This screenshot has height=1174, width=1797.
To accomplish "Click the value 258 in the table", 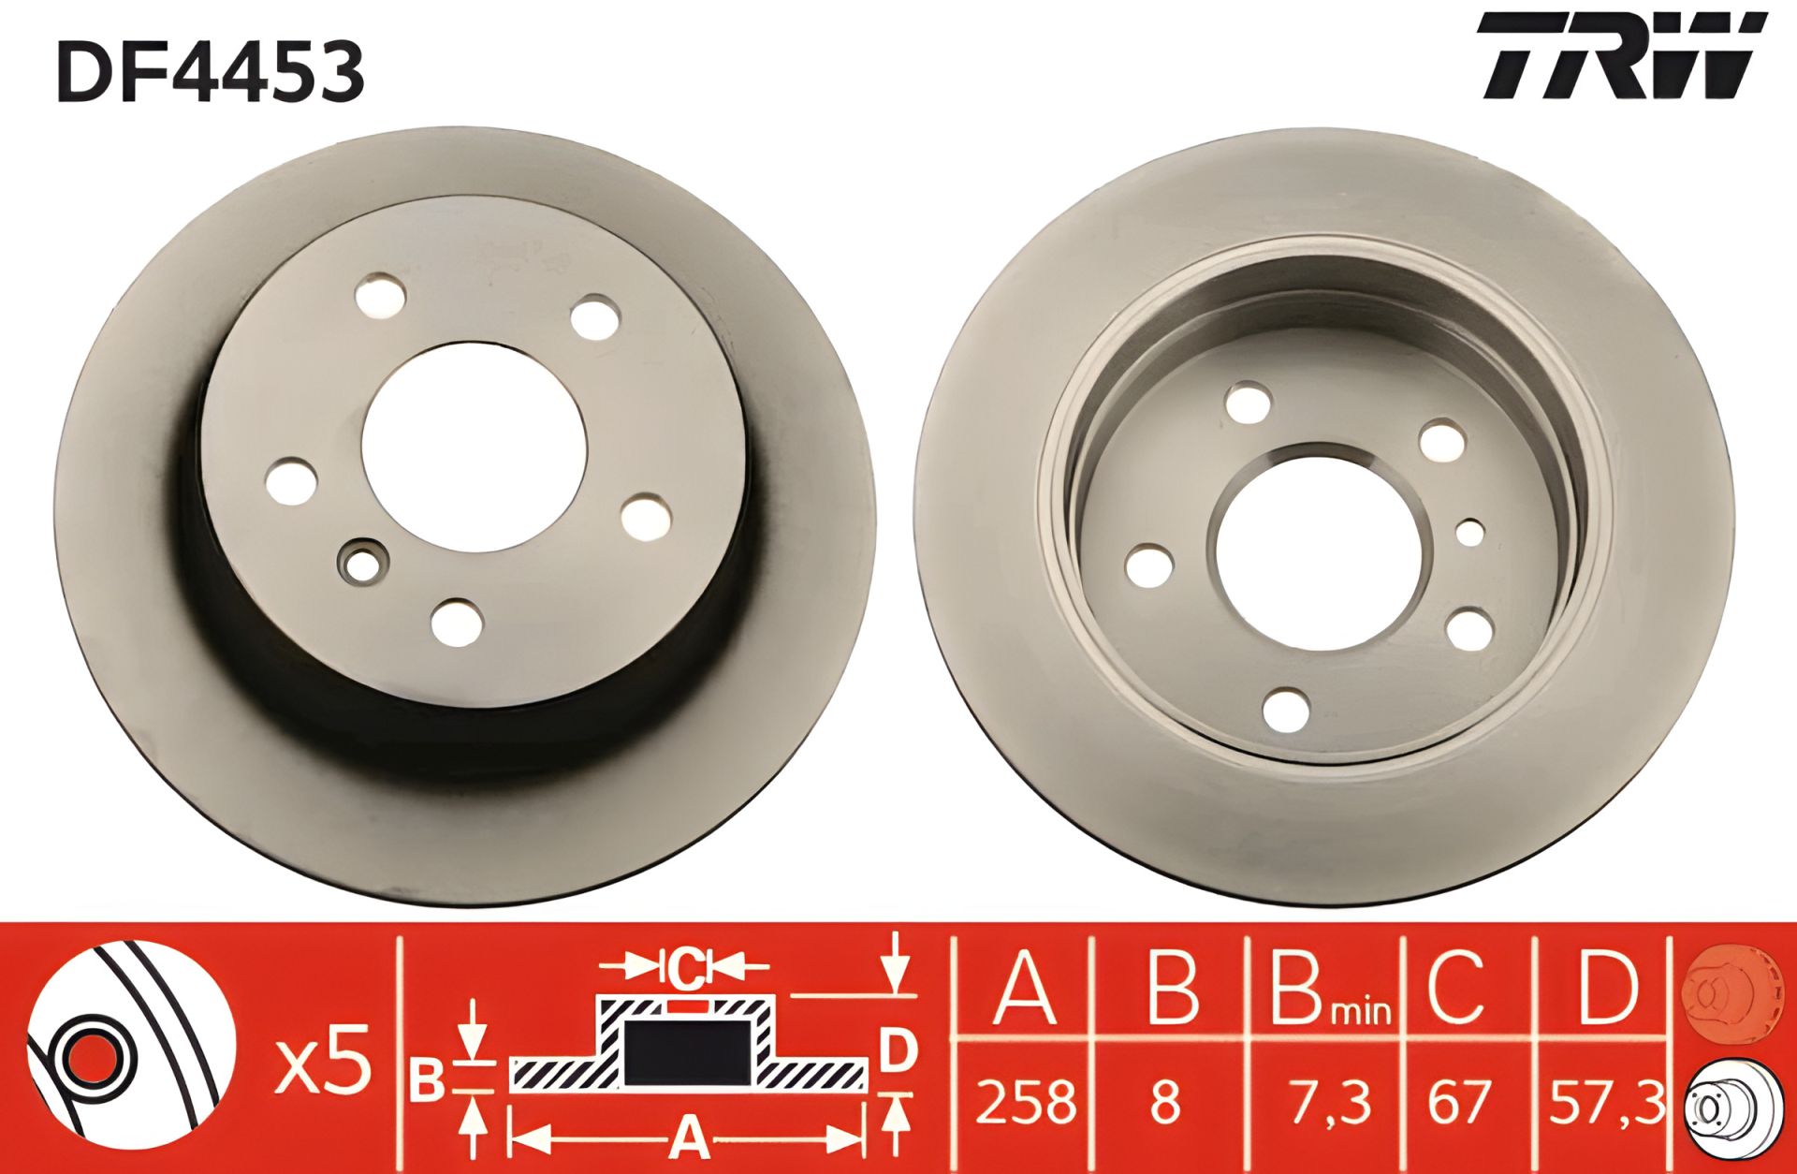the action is [1025, 1102].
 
